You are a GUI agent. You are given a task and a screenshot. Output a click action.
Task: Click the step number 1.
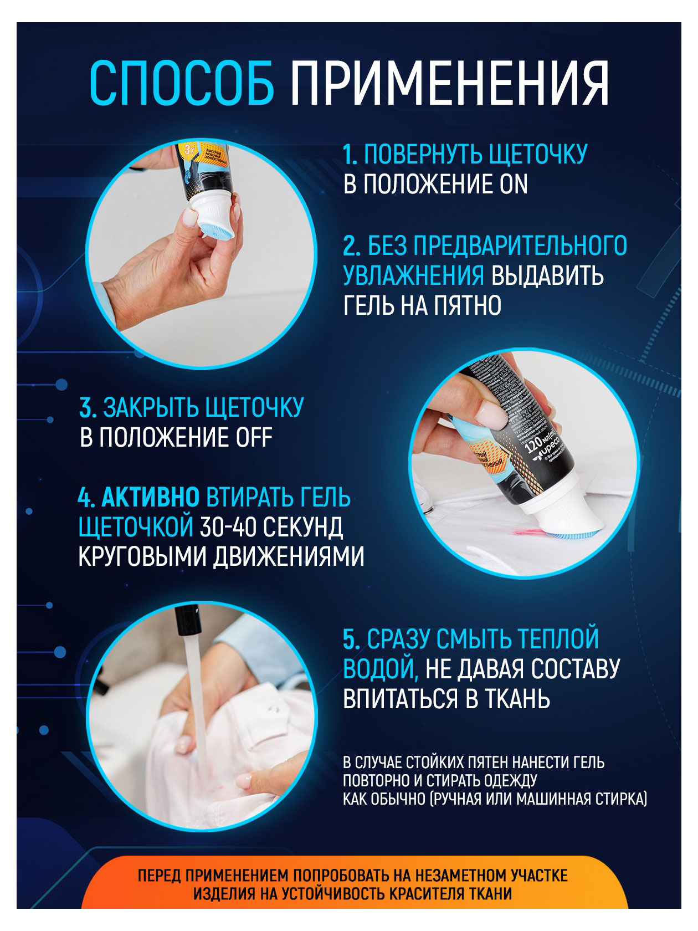pyautogui.click(x=350, y=155)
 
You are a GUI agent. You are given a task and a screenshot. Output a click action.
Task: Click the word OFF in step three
pyautogui.click(x=254, y=438)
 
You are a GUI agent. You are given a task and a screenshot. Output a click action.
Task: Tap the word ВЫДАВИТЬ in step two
pyautogui.click(x=547, y=275)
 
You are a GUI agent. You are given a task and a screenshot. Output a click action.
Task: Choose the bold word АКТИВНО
pyautogui.click(x=150, y=498)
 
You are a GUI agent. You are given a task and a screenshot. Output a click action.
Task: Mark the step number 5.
pyautogui.click(x=351, y=640)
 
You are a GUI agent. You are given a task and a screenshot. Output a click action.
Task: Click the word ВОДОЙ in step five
pyautogui.click(x=380, y=669)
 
